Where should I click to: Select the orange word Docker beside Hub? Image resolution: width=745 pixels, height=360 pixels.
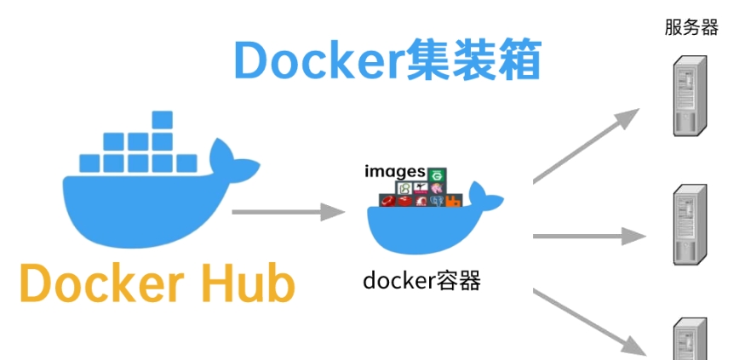pyautogui.click(x=99, y=284)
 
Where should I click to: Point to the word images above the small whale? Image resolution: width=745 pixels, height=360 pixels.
pyautogui.click(x=394, y=172)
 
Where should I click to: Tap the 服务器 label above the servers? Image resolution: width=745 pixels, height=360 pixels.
pyautogui.click(x=691, y=27)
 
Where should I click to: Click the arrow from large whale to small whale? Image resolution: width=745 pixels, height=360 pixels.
pyautogui.click(x=286, y=211)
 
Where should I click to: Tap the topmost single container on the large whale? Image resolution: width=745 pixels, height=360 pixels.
pyautogui.click(x=163, y=119)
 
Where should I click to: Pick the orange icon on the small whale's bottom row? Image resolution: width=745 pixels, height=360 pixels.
pyautogui.click(x=453, y=202)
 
